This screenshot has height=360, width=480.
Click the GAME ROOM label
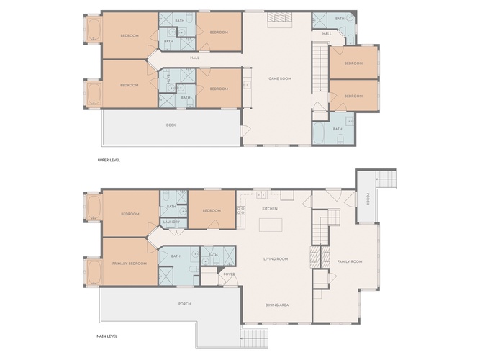click(280, 78)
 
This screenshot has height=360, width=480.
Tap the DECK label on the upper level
click(171, 125)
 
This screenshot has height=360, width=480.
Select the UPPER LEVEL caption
click(109, 160)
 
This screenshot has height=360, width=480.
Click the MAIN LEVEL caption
click(107, 336)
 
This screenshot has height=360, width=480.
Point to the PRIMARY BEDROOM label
click(130, 264)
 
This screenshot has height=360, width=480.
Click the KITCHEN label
click(270, 209)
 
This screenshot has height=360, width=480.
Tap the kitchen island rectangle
click(271, 225)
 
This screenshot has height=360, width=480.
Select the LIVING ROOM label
click(276, 259)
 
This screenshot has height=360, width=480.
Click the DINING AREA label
click(277, 305)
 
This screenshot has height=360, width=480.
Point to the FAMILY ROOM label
click(350, 261)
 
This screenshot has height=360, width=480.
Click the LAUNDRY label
click(171, 222)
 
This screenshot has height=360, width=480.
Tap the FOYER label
click(229, 274)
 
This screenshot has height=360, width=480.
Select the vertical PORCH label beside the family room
click(368, 199)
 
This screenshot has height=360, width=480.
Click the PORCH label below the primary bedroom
click(185, 304)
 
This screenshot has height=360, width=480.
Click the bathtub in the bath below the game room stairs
click(319, 133)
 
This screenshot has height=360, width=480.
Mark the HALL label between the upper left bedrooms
click(195, 58)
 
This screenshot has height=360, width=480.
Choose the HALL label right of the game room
click(327, 34)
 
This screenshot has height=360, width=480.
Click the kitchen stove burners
click(240, 210)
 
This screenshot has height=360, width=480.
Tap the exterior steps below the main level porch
click(254, 338)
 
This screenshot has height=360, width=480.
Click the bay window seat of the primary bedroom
click(94, 272)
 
